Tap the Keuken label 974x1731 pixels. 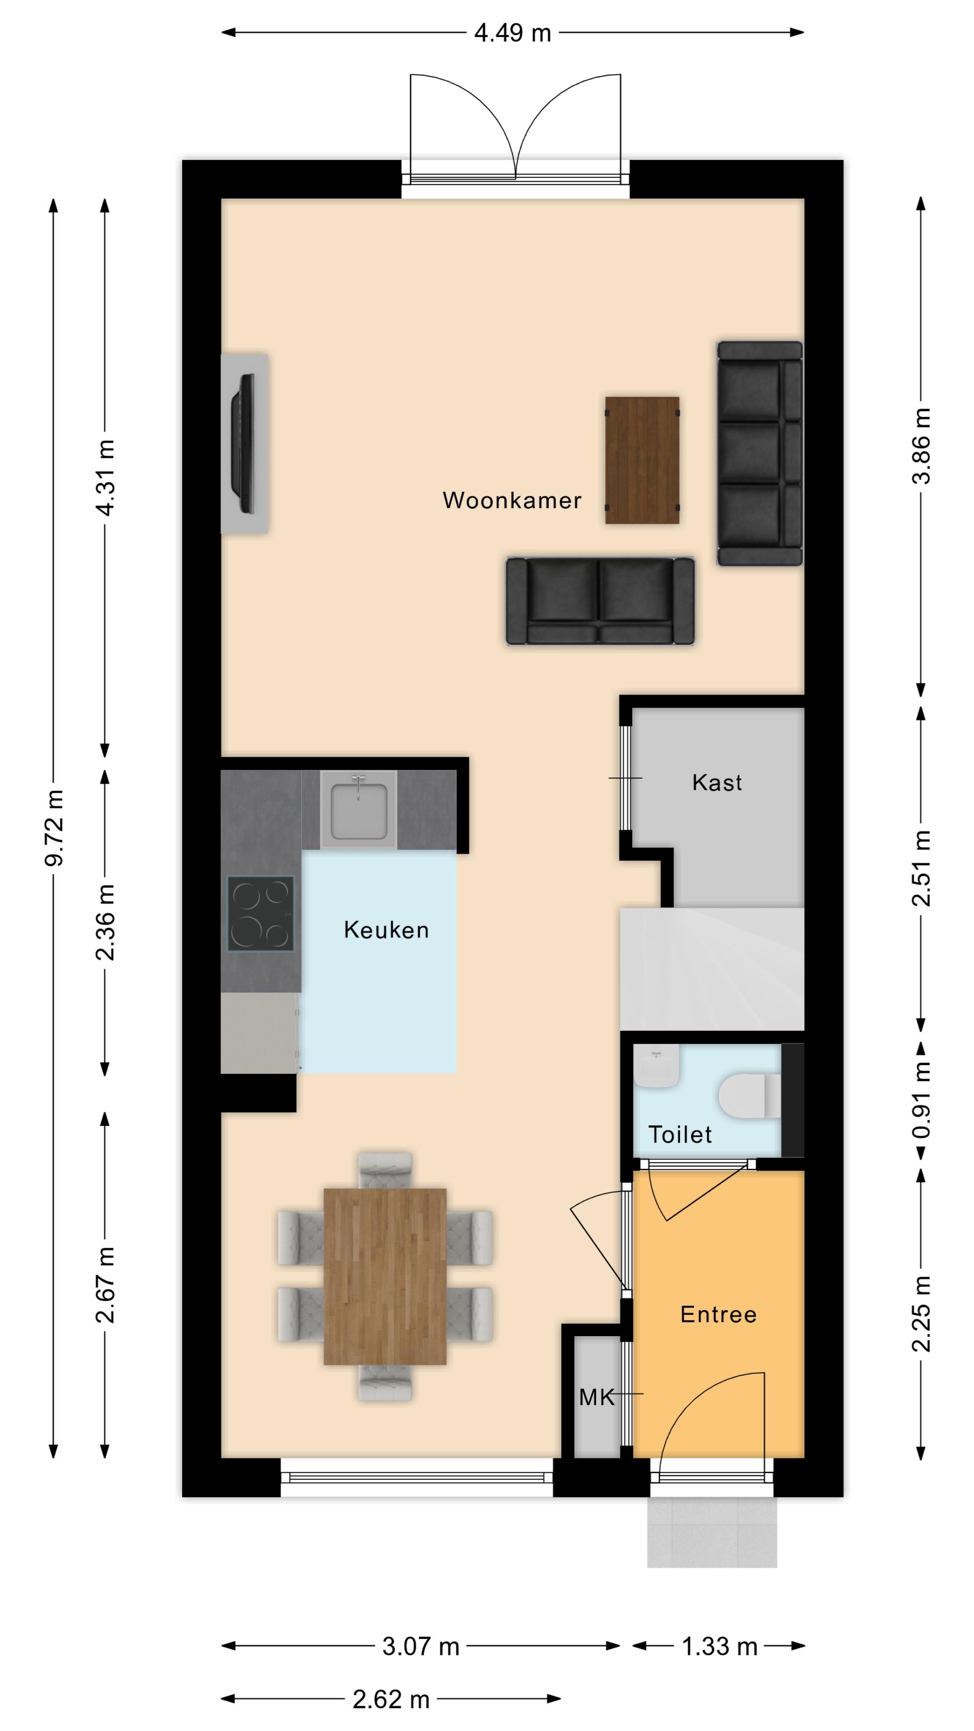[x=386, y=930]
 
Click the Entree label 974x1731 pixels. [x=719, y=1314]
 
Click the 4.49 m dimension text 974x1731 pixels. [x=512, y=33]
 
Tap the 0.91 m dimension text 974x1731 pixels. [x=922, y=1100]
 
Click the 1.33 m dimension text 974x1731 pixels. [x=719, y=1646]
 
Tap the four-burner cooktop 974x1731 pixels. [x=261, y=913]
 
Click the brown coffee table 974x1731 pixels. [x=642, y=460]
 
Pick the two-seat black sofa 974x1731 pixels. [x=600, y=601]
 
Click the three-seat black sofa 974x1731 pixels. [x=759, y=453]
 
